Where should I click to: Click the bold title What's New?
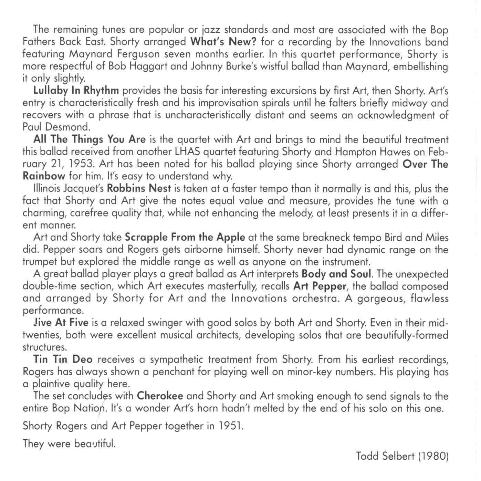[223, 42]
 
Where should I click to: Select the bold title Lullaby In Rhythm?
[76, 91]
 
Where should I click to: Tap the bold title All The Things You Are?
[90, 139]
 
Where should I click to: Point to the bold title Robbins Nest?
[139, 189]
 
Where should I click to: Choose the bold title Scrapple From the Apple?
[185, 237]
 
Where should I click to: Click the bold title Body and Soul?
[336, 274]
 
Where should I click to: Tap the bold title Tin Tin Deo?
[63, 359]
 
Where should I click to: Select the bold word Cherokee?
[160, 396]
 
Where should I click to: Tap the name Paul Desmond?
[56, 127]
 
